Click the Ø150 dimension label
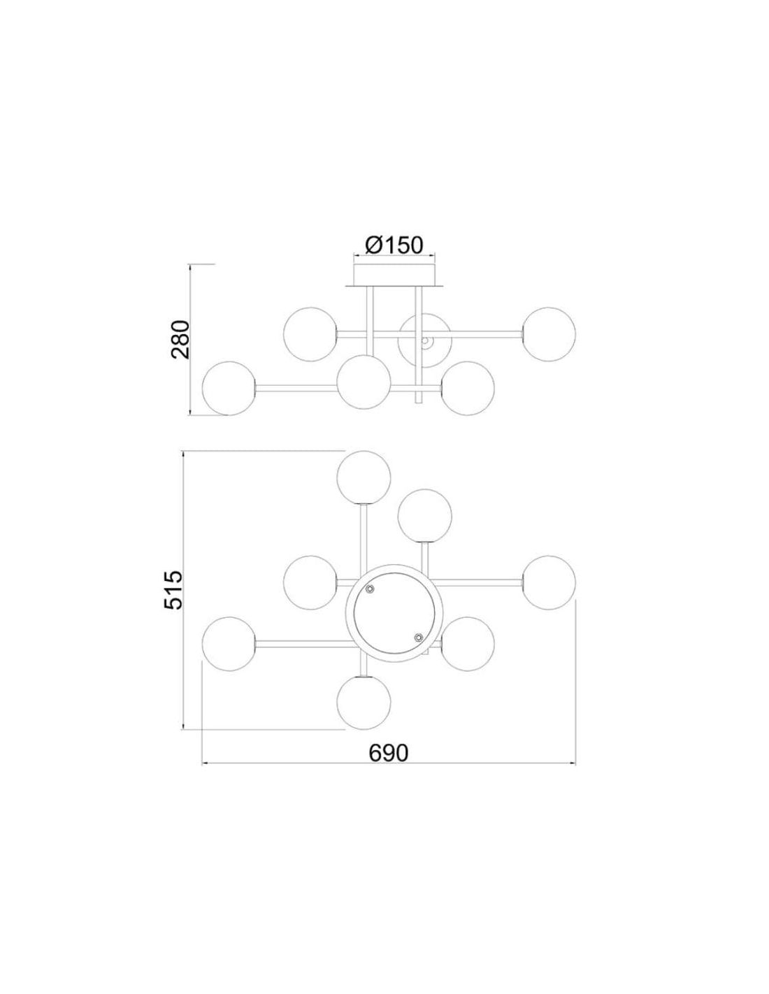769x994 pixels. [393, 245]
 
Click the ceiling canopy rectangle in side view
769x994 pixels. [394, 274]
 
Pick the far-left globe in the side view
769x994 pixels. [229, 388]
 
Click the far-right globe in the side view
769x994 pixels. [549, 334]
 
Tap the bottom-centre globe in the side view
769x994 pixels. [364, 382]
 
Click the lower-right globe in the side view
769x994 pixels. [468, 388]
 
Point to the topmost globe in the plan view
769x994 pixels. [364, 477]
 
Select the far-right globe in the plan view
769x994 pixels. [549, 583]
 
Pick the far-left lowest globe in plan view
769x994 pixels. [229, 644]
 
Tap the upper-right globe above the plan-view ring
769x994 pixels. [425, 516]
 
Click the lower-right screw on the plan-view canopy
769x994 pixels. [417, 638]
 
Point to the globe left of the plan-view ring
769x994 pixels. [310, 583]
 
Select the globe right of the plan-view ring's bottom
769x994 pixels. [468, 644]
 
